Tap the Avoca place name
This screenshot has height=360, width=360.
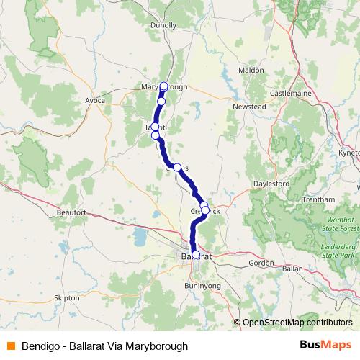click(96, 100)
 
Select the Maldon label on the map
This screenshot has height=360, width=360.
click(251, 71)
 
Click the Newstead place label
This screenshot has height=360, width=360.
click(249, 107)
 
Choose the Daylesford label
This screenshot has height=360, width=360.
click(271, 184)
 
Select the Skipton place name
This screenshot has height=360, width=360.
click(66, 296)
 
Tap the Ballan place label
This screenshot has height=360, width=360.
click(292, 268)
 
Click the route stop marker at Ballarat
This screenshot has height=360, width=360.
click(196, 255)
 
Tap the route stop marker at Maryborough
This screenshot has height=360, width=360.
click(163, 86)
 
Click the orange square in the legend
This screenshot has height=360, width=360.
click(10, 346)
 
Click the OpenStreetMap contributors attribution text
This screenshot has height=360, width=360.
click(297, 323)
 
